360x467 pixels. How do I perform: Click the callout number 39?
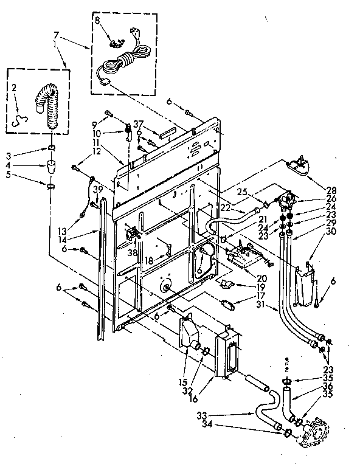point(96,191)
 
